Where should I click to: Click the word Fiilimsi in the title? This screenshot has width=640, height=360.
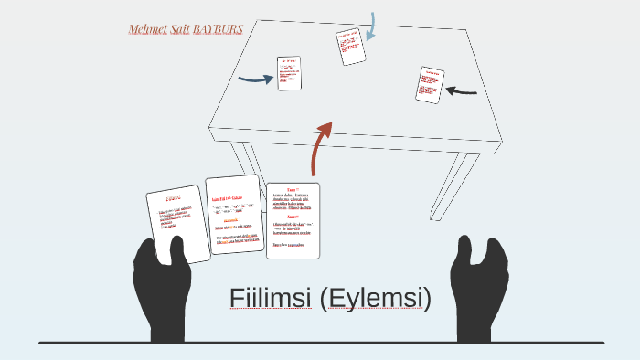(x=271, y=299)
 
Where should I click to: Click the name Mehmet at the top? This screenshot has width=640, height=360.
(x=149, y=29)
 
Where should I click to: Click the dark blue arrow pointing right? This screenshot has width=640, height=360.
(x=255, y=79)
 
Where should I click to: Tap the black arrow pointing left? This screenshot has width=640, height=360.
(x=462, y=90)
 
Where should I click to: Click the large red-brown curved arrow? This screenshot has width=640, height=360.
(x=321, y=146)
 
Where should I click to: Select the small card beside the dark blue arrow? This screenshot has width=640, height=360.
(x=289, y=73)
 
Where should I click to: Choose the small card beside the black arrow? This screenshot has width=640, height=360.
(x=429, y=85)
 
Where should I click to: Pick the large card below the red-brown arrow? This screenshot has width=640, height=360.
(x=293, y=220)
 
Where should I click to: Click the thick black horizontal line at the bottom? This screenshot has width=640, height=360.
(x=320, y=343)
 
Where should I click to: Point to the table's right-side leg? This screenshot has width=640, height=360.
(x=462, y=187)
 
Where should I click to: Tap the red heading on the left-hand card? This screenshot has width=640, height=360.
(x=174, y=196)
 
